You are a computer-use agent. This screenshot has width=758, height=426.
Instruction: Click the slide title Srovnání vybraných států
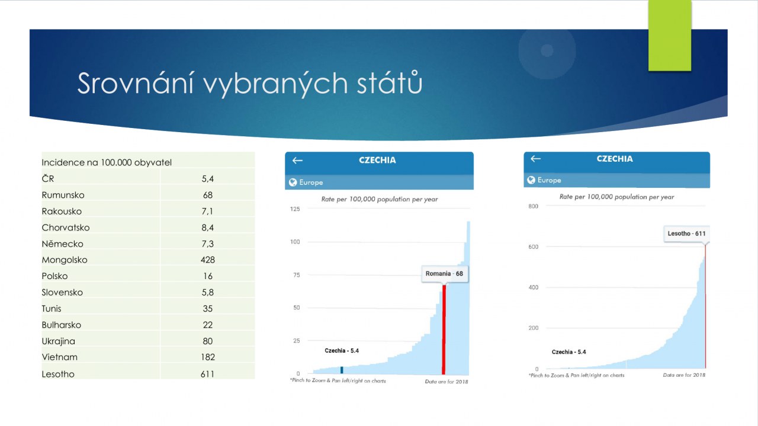point(250,83)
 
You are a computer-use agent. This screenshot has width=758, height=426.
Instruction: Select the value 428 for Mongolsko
point(207,260)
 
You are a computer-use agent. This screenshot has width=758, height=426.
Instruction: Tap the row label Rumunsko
point(63,195)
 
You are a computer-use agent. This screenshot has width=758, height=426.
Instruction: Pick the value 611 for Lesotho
point(207,374)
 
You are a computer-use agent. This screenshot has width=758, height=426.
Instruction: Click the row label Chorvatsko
point(66,228)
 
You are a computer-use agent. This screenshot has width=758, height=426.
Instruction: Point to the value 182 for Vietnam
point(207,357)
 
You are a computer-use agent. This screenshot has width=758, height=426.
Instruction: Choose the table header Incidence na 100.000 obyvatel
point(107,162)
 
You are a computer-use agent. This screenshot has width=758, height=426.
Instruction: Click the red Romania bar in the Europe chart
point(444,329)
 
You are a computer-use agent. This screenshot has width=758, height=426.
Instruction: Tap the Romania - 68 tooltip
point(444,274)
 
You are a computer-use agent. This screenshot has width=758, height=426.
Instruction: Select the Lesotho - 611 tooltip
point(686,233)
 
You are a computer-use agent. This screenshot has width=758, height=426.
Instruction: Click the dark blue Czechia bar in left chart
point(342,370)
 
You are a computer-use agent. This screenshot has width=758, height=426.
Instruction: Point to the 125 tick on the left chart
point(295,209)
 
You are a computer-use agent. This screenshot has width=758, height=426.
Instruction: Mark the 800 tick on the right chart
point(533,206)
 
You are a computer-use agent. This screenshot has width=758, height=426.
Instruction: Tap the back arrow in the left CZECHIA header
point(297,161)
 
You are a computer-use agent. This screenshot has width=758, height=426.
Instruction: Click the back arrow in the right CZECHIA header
point(535,159)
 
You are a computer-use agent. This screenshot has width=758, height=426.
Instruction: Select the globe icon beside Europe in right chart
point(531,180)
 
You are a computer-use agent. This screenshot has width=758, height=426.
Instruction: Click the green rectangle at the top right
point(670,35)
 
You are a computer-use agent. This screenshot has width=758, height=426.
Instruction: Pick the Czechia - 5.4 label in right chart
point(569,352)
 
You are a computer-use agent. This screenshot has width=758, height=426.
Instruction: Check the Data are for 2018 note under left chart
point(447,382)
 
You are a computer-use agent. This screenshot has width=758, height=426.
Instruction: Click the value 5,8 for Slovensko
point(207,292)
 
